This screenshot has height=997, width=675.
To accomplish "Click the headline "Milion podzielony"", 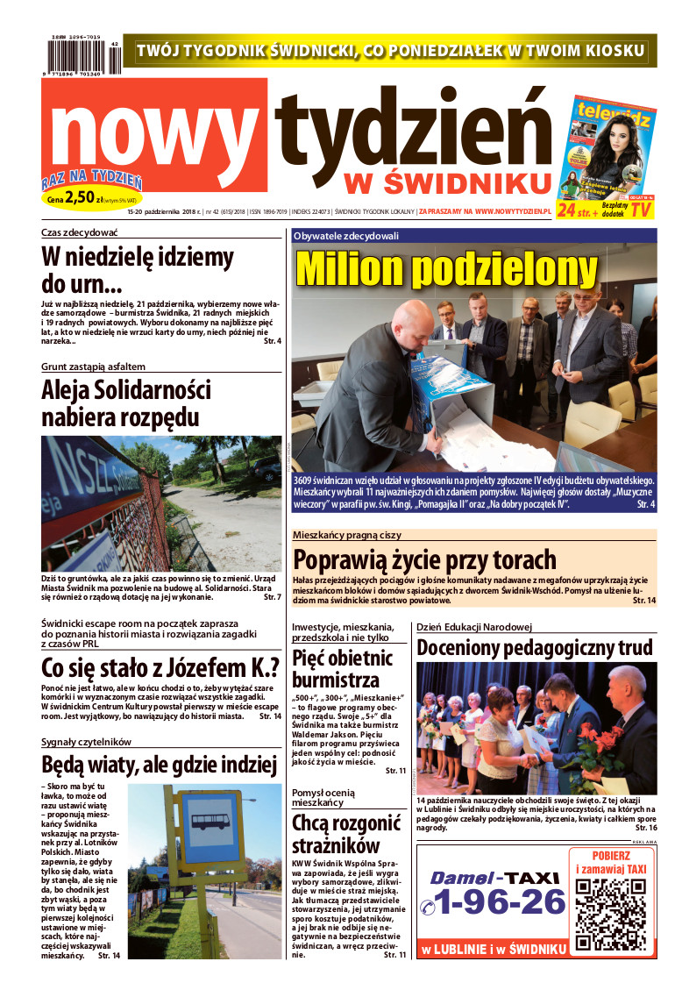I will pos(447,269).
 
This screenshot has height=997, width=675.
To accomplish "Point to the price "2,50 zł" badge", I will pos(91,199).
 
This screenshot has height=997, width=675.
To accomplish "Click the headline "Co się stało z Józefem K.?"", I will pos(160,667).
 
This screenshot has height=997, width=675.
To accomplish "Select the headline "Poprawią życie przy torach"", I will pos(424,559).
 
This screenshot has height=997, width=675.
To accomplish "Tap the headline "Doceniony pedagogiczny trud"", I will pos(535,648).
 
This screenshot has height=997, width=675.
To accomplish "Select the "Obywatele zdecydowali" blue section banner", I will pos(473,235).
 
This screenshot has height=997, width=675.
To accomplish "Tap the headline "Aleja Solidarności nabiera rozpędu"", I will pos(126,402).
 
